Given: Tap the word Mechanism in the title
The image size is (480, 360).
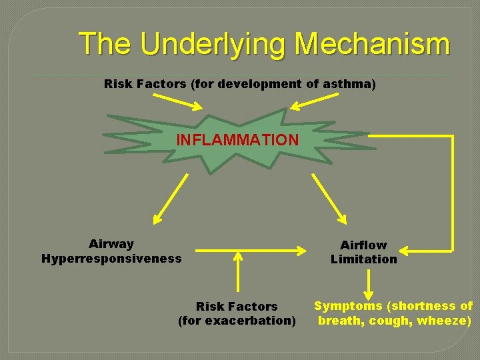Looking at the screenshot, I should (372, 44).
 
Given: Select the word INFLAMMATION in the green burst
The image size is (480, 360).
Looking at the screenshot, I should (237, 140).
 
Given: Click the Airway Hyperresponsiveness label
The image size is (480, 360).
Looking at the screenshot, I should (111, 251).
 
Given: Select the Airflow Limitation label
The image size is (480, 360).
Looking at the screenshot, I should (363, 252).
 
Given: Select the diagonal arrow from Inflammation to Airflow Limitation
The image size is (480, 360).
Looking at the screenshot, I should (330, 199).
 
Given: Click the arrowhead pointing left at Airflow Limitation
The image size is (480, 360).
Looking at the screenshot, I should (406, 251).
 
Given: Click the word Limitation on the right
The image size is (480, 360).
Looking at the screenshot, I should (363, 259).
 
